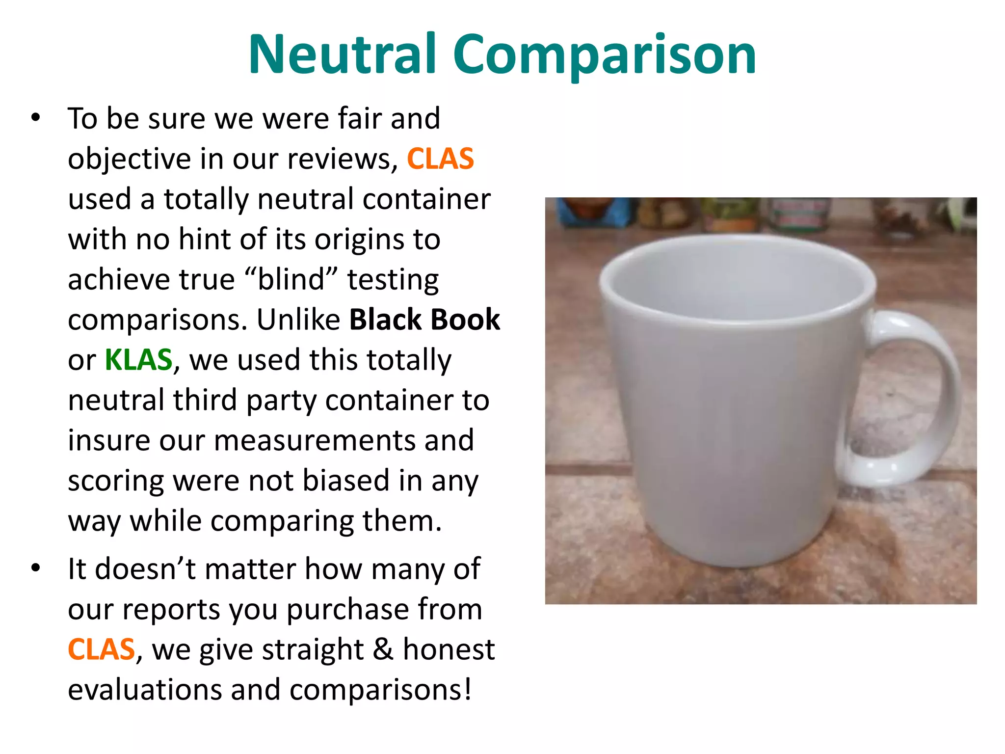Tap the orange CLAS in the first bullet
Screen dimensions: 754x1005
point(440,159)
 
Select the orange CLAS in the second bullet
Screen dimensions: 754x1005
point(101,649)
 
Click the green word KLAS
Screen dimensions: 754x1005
point(138,360)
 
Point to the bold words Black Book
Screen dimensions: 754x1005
point(424,320)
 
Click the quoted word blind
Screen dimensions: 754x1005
point(291,279)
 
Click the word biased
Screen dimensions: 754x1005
point(345,481)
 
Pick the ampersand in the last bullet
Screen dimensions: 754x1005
point(383,649)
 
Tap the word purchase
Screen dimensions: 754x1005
point(347,610)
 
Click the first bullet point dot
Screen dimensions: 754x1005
point(35,118)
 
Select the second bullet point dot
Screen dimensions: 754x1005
point(35,568)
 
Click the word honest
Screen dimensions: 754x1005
point(449,649)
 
